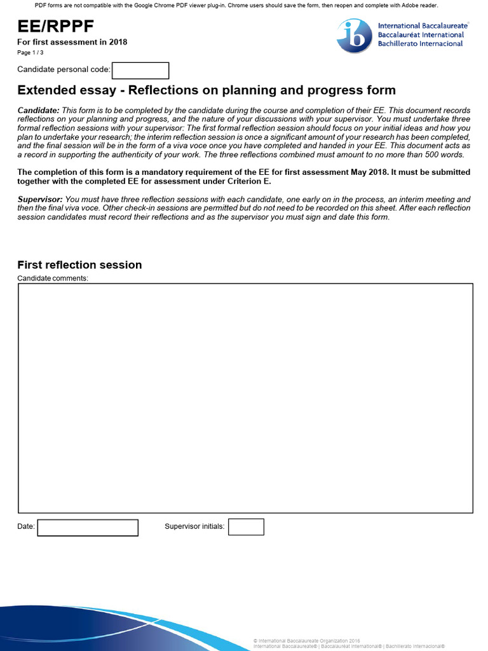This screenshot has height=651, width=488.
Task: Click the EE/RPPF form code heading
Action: [x=56, y=25]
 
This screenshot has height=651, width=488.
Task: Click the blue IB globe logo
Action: [x=355, y=36]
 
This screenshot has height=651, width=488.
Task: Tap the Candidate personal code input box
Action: [x=140, y=70]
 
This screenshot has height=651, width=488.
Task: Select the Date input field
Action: [x=88, y=527]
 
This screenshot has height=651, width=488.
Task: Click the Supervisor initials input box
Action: [x=246, y=527]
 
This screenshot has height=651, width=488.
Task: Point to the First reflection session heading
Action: [x=79, y=265]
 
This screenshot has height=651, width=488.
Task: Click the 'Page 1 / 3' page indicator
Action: [x=30, y=53]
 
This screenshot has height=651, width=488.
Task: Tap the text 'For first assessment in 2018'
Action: [x=72, y=43]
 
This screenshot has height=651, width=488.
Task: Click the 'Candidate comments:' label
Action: [x=53, y=278]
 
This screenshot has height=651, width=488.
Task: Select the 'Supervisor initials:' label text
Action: [x=194, y=526]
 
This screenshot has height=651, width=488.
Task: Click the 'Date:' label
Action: [x=26, y=527]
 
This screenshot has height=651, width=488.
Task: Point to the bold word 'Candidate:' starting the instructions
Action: [x=38, y=111]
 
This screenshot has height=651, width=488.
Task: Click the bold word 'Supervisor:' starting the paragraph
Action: [x=39, y=200]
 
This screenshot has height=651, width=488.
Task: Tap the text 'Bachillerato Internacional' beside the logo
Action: [x=420, y=44]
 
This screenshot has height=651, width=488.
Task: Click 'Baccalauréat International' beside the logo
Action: [x=421, y=35]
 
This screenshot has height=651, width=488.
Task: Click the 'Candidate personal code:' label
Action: [x=64, y=69]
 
